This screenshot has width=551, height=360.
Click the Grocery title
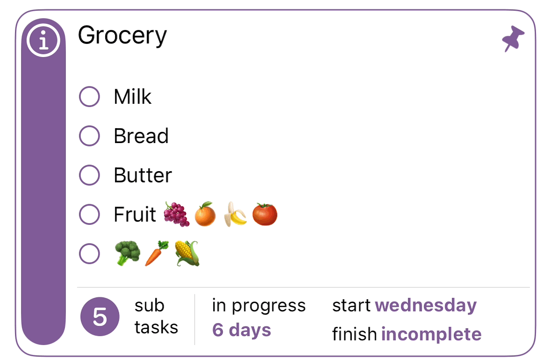122,36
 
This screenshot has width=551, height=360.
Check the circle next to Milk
89,97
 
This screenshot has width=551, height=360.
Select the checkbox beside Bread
89,136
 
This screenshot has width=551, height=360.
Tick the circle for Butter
89,175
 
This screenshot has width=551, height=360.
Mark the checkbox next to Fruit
89,215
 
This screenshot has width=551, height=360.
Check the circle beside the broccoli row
89,253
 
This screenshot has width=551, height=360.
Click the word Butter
143,175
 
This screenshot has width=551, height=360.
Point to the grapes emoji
177,214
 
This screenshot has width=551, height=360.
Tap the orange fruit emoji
205,214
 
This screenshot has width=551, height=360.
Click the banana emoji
235,214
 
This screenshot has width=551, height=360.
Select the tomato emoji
265,214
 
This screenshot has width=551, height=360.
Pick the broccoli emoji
128,253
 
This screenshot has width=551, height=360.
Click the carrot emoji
157,253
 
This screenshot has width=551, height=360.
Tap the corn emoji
187,253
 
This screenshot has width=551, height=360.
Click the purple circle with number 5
100,317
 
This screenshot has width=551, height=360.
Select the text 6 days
242,330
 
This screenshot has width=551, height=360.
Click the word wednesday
426,305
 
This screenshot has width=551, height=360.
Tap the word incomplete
432,334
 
